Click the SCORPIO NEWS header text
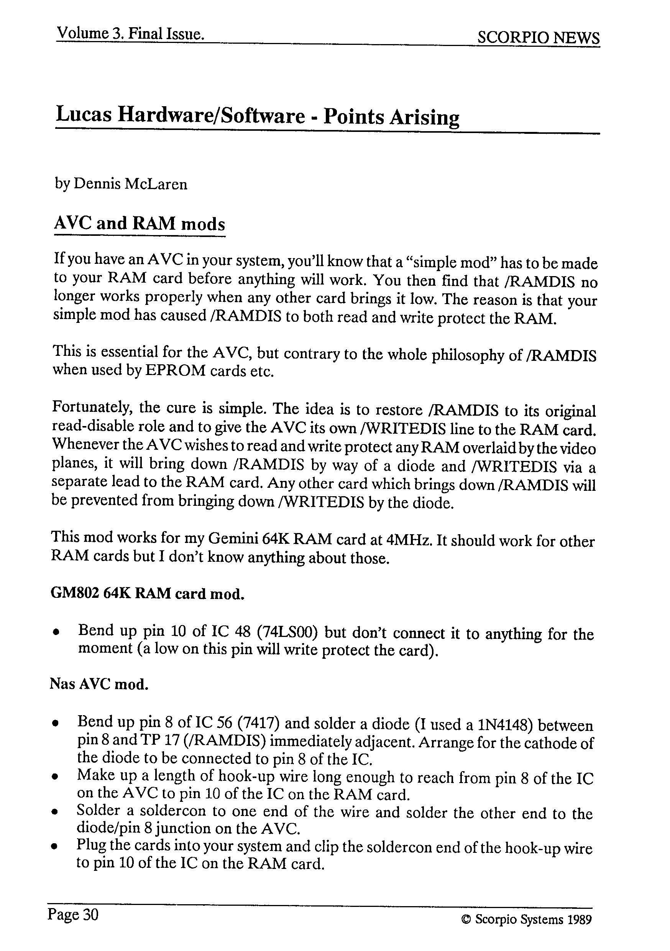point(538,38)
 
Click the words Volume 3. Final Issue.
point(130,33)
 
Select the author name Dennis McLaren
point(130,184)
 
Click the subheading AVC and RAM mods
point(140,224)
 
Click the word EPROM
point(175,371)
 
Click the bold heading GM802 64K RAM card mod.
point(147,594)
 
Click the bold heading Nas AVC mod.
point(99,684)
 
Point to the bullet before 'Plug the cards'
point(54,847)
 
